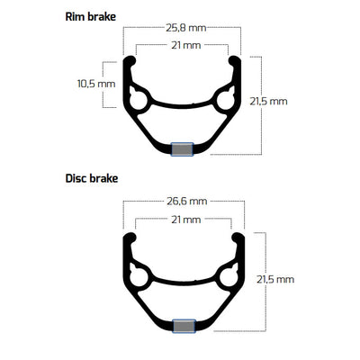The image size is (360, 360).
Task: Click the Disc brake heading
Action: point(92,179)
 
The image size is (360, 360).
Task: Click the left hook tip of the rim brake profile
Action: point(131,61)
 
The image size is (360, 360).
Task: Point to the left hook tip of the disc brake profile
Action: point(129,237)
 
